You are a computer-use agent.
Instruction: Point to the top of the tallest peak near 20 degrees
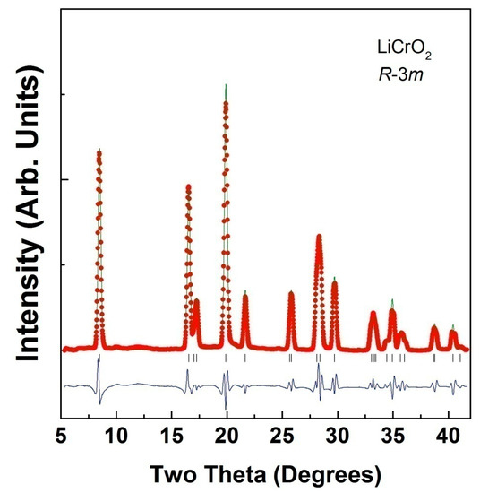click(226, 85)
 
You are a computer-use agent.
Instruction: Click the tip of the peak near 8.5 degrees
click(99, 150)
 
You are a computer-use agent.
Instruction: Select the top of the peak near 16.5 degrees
click(188, 186)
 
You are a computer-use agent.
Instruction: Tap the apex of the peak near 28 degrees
click(318, 235)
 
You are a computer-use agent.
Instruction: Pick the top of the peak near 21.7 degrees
click(245, 291)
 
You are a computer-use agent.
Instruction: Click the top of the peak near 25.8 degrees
click(291, 291)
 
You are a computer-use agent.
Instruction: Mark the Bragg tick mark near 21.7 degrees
click(245, 358)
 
